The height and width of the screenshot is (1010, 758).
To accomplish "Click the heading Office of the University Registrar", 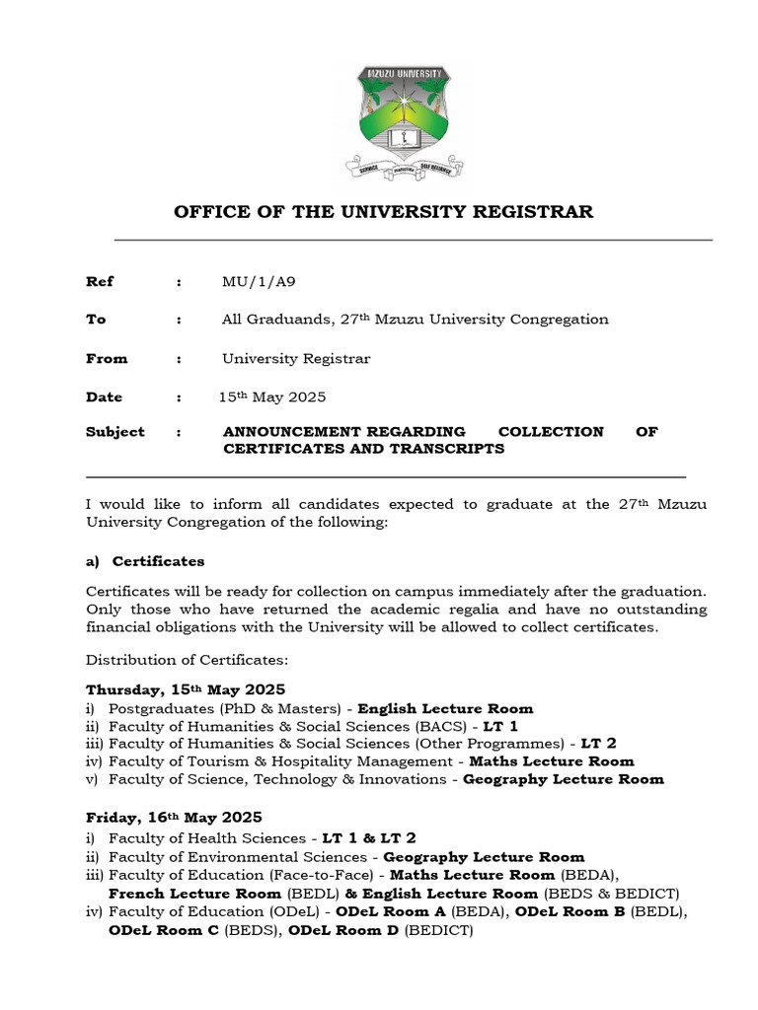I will (384, 212).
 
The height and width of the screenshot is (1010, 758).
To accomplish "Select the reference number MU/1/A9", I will (259, 281).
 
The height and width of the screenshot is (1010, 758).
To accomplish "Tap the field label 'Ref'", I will (100, 281).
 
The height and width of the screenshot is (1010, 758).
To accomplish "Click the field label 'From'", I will (107, 358).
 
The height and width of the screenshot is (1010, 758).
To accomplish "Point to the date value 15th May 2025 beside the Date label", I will (272, 397).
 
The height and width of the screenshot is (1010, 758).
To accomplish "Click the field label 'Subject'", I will (114, 431).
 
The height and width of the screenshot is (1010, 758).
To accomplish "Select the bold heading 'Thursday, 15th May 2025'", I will (186, 688).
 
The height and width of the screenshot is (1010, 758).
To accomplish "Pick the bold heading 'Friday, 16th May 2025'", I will (175, 818).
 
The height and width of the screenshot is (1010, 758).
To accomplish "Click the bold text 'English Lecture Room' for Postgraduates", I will (445, 708).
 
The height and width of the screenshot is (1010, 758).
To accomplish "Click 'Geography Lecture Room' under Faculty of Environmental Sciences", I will (484, 856).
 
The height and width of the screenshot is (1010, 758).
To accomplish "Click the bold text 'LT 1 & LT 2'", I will (370, 837).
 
